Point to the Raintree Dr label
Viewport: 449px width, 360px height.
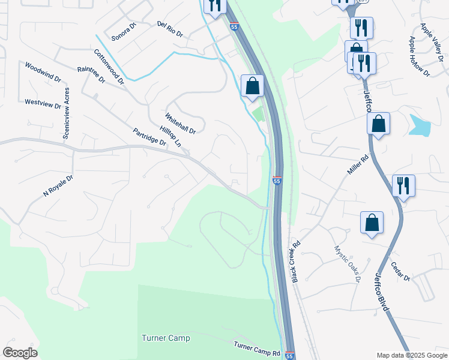pyautogui.click(x=91, y=74)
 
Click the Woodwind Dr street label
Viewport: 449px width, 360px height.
pyautogui.click(x=42, y=71)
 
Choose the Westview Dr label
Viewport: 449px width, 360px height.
pyautogui.click(x=43, y=103)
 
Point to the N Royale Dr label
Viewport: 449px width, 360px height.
pyautogui.click(x=58, y=186)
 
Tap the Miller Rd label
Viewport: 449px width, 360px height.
pyautogui.click(x=357, y=167)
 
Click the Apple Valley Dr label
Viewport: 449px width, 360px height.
pyautogui.click(x=432, y=37)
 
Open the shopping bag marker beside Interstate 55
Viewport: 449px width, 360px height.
pyautogui.click(x=253, y=86)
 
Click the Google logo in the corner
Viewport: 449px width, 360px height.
pyautogui.click(x=20, y=353)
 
